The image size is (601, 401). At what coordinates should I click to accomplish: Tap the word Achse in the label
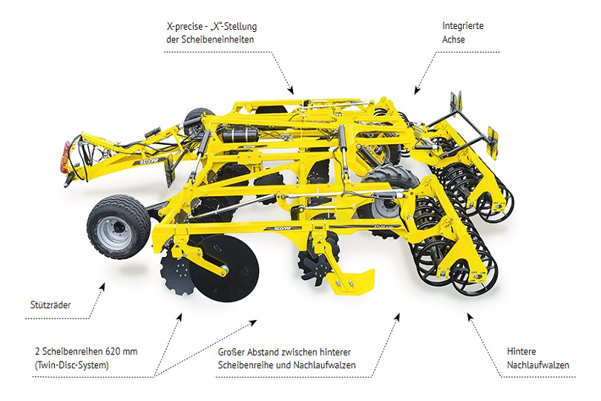coord(453,39)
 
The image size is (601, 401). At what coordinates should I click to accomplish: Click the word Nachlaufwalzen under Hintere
coord(539,365)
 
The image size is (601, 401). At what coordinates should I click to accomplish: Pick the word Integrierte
coord(464,26)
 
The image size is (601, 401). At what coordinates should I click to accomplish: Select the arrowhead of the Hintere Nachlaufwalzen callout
coord(469,316)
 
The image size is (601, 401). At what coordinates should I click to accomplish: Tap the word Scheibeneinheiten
coord(220,39)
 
